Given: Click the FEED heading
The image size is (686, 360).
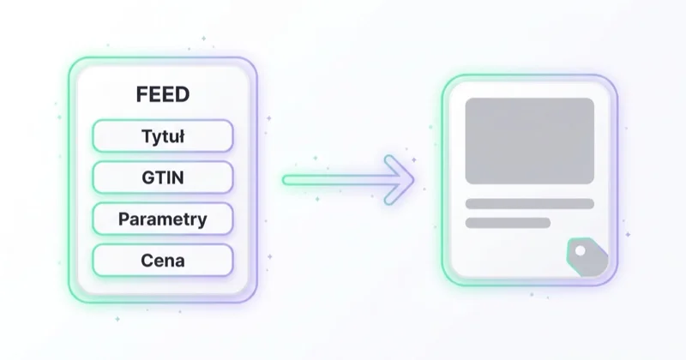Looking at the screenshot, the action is (x=163, y=94).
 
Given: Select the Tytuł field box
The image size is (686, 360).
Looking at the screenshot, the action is (x=163, y=136).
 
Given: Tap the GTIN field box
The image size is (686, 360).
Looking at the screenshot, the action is (x=163, y=177).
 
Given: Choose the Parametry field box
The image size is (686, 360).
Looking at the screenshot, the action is (x=163, y=219).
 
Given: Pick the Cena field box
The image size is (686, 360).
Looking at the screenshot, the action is (x=163, y=261).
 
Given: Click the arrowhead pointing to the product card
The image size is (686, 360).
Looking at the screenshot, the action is (x=399, y=180).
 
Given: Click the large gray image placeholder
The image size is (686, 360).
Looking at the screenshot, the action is (x=529, y=141).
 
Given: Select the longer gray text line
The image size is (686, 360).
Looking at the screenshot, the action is (x=529, y=204).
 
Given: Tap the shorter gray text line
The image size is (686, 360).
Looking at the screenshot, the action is (x=508, y=223).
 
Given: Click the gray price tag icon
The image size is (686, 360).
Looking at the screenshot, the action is (x=588, y=257).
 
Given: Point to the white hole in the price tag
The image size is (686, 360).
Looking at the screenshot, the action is (x=581, y=251).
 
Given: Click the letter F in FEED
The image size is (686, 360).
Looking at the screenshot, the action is (x=141, y=94).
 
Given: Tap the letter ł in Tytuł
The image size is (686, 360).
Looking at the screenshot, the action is (x=180, y=136).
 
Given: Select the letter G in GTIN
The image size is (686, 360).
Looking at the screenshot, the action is (x=148, y=177).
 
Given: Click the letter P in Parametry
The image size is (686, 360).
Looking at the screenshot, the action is (x=123, y=219).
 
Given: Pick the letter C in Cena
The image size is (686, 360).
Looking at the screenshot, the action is (x=147, y=261).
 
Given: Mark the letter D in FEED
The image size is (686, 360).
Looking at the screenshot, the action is (x=183, y=94).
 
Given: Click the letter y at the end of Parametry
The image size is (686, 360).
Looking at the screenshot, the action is (x=202, y=221).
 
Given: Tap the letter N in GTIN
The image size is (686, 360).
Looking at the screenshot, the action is (x=178, y=177).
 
